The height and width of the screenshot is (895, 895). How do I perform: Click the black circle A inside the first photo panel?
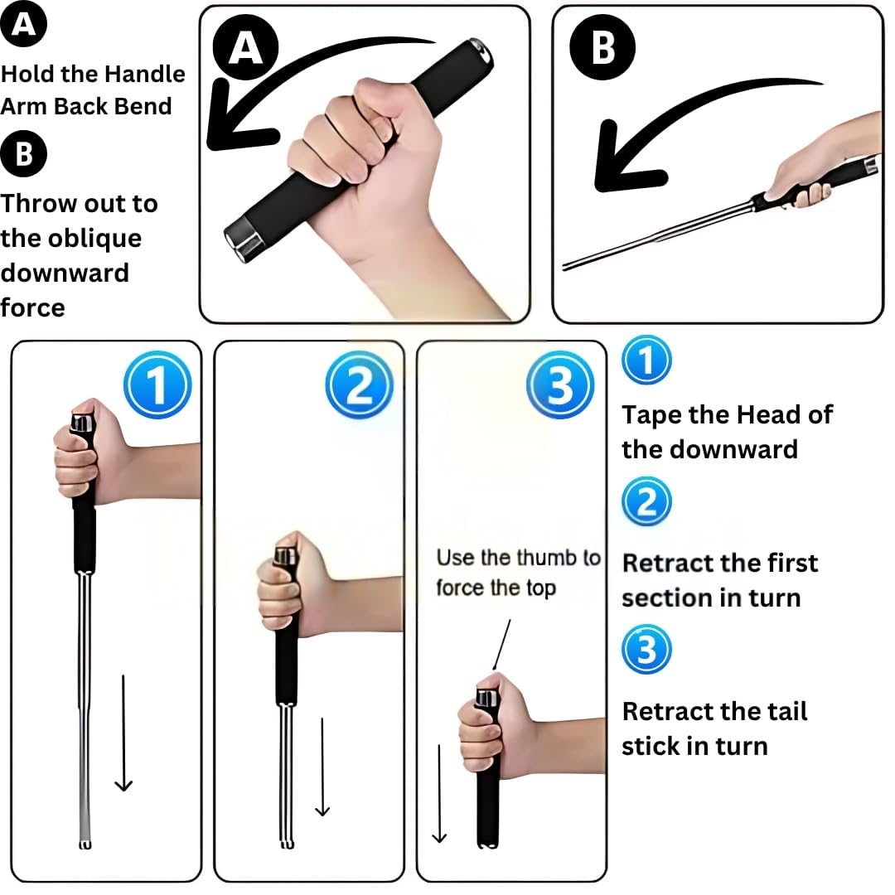[245, 48]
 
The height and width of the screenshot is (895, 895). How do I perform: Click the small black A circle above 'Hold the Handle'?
[23, 24]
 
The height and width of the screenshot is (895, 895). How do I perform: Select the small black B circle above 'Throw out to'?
[23, 153]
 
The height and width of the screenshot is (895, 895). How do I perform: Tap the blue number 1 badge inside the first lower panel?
[157, 385]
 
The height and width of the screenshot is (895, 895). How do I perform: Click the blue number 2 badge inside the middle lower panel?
[360, 385]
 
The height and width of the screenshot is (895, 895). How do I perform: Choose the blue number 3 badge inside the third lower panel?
[560, 385]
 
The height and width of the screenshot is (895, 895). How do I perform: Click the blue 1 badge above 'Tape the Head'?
[646, 360]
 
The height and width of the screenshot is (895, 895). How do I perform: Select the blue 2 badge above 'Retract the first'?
[646, 501]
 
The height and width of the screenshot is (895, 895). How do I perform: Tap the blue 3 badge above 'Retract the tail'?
[646, 650]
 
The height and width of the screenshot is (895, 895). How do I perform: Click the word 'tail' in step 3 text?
[787, 711]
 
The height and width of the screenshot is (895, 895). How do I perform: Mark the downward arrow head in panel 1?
[123, 785]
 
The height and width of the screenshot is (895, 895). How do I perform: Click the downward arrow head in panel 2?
[322, 810]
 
